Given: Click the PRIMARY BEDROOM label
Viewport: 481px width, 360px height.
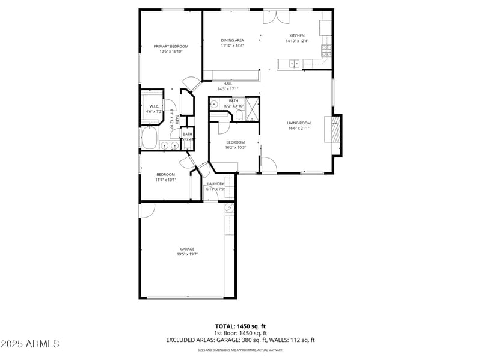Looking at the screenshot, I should tap(171, 46).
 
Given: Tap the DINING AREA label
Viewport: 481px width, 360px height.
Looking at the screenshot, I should tap(232, 40).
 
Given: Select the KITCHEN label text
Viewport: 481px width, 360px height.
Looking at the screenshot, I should tap(297, 35).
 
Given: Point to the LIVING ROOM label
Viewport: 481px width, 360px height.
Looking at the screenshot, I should tap(299, 123).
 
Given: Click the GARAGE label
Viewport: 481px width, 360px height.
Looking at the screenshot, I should tap(187, 249).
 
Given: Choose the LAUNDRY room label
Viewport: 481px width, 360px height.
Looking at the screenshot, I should tap(215, 184).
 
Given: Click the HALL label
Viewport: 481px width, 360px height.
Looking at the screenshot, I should tap(228, 84).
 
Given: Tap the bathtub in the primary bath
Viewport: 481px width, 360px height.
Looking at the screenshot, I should tap(149, 139).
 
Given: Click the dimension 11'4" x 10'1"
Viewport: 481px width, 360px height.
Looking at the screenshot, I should tap(165, 179).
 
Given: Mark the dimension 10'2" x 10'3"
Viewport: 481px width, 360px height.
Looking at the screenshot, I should tap(234, 147).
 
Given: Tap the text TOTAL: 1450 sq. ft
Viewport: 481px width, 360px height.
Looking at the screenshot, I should tap(240, 326).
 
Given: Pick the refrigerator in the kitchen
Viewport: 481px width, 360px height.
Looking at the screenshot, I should tap(325, 27).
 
